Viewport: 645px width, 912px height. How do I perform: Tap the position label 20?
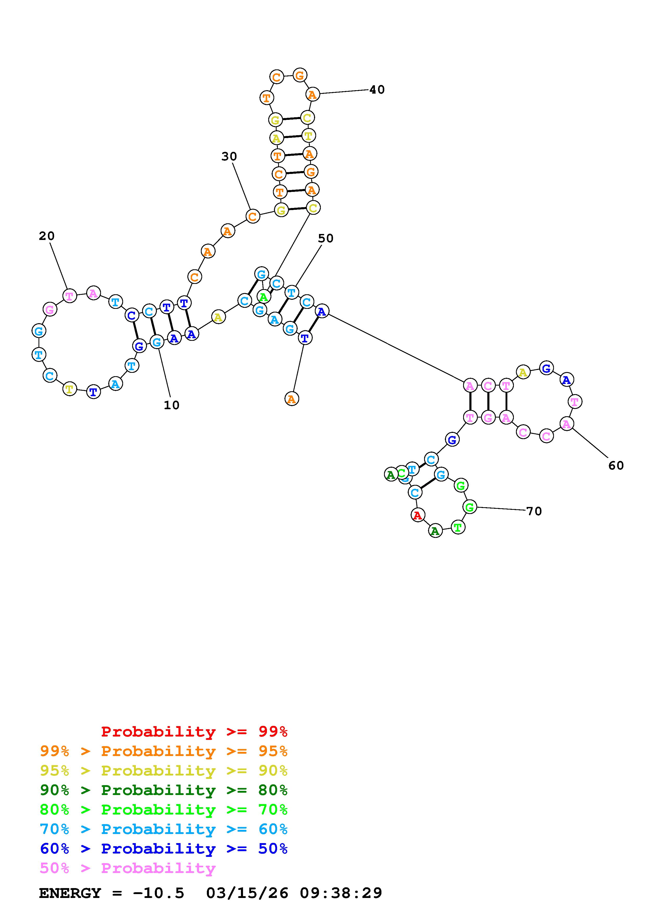coord(47,236)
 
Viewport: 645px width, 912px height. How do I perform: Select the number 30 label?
coord(229,157)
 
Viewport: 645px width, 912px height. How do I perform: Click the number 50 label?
coord(325,238)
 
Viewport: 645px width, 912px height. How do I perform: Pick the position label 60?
coord(616,466)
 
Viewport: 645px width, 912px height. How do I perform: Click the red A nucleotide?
coord(417,516)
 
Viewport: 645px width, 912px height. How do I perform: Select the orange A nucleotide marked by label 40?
coord(313,95)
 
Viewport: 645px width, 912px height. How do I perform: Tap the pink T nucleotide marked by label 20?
coord(69,296)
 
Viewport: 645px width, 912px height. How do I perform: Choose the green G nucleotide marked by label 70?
coord(470,507)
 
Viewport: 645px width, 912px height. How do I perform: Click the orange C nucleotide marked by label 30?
coord(252,217)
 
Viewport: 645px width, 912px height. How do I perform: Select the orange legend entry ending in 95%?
coord(164,751)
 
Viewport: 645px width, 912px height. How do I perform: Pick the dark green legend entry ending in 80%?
coord(164,790)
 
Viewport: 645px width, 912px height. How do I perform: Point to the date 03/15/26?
coord(247,893)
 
